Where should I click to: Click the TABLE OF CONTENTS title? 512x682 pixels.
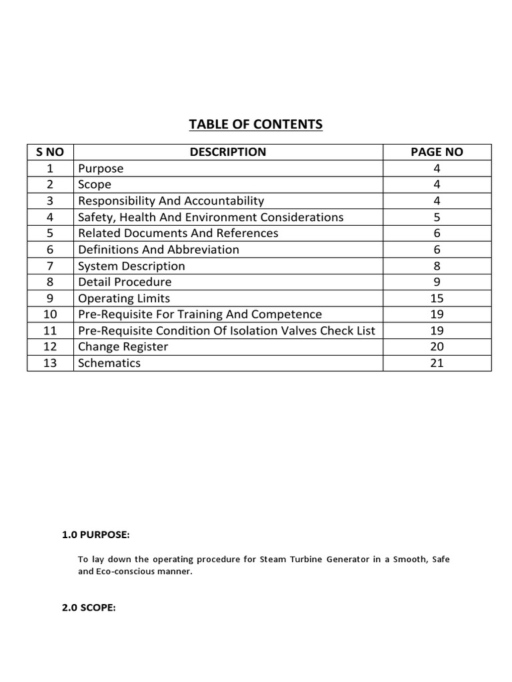coord(256,124)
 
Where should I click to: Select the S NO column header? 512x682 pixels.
coord(50,152)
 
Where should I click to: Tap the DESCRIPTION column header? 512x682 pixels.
coord(227,152)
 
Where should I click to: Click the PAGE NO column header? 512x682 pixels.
coord(437,152)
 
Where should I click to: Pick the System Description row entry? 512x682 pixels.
coord(131,266)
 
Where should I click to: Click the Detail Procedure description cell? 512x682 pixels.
coord(125,282)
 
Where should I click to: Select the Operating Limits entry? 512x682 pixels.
coord(124,298)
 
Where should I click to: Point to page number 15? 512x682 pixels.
coord(437,298)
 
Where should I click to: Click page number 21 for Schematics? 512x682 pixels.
coord(437,363)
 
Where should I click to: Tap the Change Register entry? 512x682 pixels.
coord(123,347)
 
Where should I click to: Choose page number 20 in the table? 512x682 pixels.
coord(437,347)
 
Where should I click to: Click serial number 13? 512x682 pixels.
coord(50,363)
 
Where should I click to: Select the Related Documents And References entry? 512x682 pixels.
coord(178,233)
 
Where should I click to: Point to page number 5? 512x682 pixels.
coord(437,217)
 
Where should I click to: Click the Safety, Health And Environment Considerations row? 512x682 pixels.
coord(211,217)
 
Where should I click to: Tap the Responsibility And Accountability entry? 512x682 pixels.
coord(171,200)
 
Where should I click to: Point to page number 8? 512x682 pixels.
coord(437,266)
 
